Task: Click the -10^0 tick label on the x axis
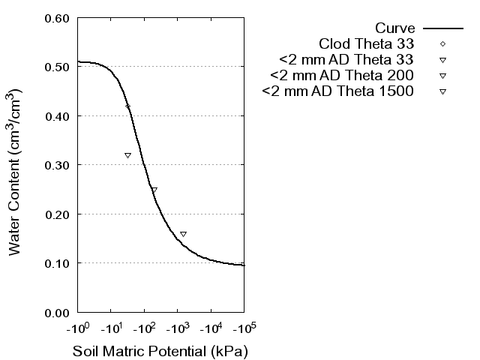[77, 328]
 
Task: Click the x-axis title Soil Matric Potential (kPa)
[160, 351]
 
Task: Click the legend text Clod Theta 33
[367, 43]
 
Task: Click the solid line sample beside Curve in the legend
[442, 27]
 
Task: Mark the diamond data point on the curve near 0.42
[128, 106]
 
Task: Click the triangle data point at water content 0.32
[127, 155]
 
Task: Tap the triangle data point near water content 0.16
[183, 234]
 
